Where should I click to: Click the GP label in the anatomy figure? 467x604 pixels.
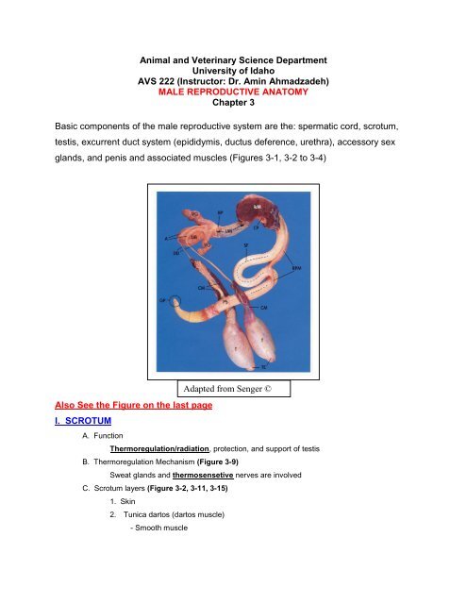pyautogui.click(x=162, y=300)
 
